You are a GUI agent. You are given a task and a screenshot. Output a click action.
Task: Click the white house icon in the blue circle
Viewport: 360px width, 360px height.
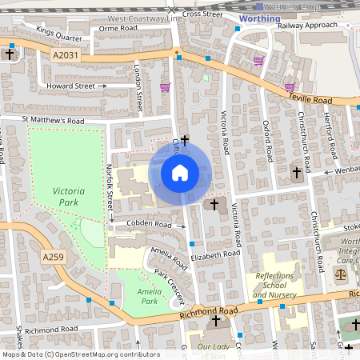tap(180, 172)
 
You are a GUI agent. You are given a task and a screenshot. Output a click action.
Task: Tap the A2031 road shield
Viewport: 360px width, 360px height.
tap(67, 55)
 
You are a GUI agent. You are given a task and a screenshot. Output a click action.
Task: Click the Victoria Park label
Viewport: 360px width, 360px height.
tap(70, 197)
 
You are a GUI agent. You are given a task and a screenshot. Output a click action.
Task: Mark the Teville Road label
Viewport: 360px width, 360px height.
tap(310, 99)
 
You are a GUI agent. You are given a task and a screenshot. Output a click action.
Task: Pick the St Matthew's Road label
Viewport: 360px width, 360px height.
tap(53, 121)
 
